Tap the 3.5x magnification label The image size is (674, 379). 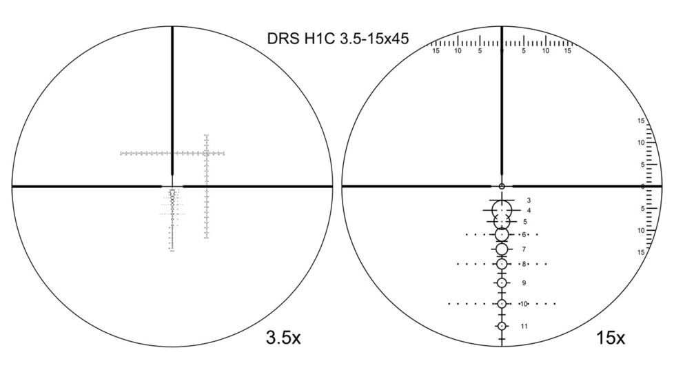coord(283,338)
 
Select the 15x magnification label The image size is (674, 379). coord(611,338)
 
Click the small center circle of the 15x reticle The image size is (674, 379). coord(502,186)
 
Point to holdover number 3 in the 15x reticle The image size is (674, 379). coord(528,199)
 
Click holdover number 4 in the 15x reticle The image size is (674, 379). coord(529,210)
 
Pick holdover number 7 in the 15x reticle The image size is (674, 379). coord(524,249)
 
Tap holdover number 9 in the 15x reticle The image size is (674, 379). coord(524,283)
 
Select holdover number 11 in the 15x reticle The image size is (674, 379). coord(524,326)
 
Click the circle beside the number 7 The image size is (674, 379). coord(502,249)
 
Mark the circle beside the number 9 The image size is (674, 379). coord(502,283)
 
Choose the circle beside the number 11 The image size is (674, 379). coord(502,326)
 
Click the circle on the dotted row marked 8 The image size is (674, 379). coord(502,264)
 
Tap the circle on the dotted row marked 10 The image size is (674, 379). coord(502,304)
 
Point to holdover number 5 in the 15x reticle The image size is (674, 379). coord(525,222)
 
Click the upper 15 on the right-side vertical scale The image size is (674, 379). coord(641,121)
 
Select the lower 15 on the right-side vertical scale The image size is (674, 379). coord(641,252)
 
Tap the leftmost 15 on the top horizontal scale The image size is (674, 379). coord(436,51)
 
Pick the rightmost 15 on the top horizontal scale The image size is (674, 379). coord(568,51)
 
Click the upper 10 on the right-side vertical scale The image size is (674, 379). coord(641,143)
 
